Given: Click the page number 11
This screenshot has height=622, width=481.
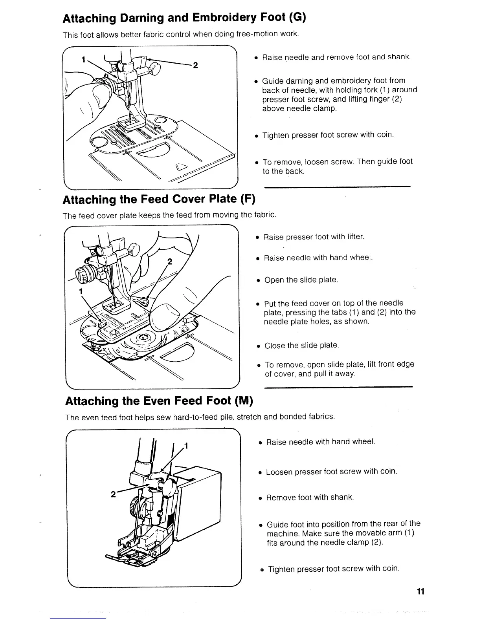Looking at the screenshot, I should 420,591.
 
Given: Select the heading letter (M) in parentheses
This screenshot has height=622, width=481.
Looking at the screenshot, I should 244,401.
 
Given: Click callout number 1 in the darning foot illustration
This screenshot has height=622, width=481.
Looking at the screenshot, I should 83,60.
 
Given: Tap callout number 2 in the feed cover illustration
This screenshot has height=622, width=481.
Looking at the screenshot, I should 170,262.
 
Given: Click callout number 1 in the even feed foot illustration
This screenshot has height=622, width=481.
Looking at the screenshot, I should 186,446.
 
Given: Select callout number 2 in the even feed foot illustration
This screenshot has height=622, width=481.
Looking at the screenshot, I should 113,494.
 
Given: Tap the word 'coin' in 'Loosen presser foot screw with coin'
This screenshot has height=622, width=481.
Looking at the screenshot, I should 388,471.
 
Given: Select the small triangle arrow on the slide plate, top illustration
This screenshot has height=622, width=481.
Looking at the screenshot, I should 180,167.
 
